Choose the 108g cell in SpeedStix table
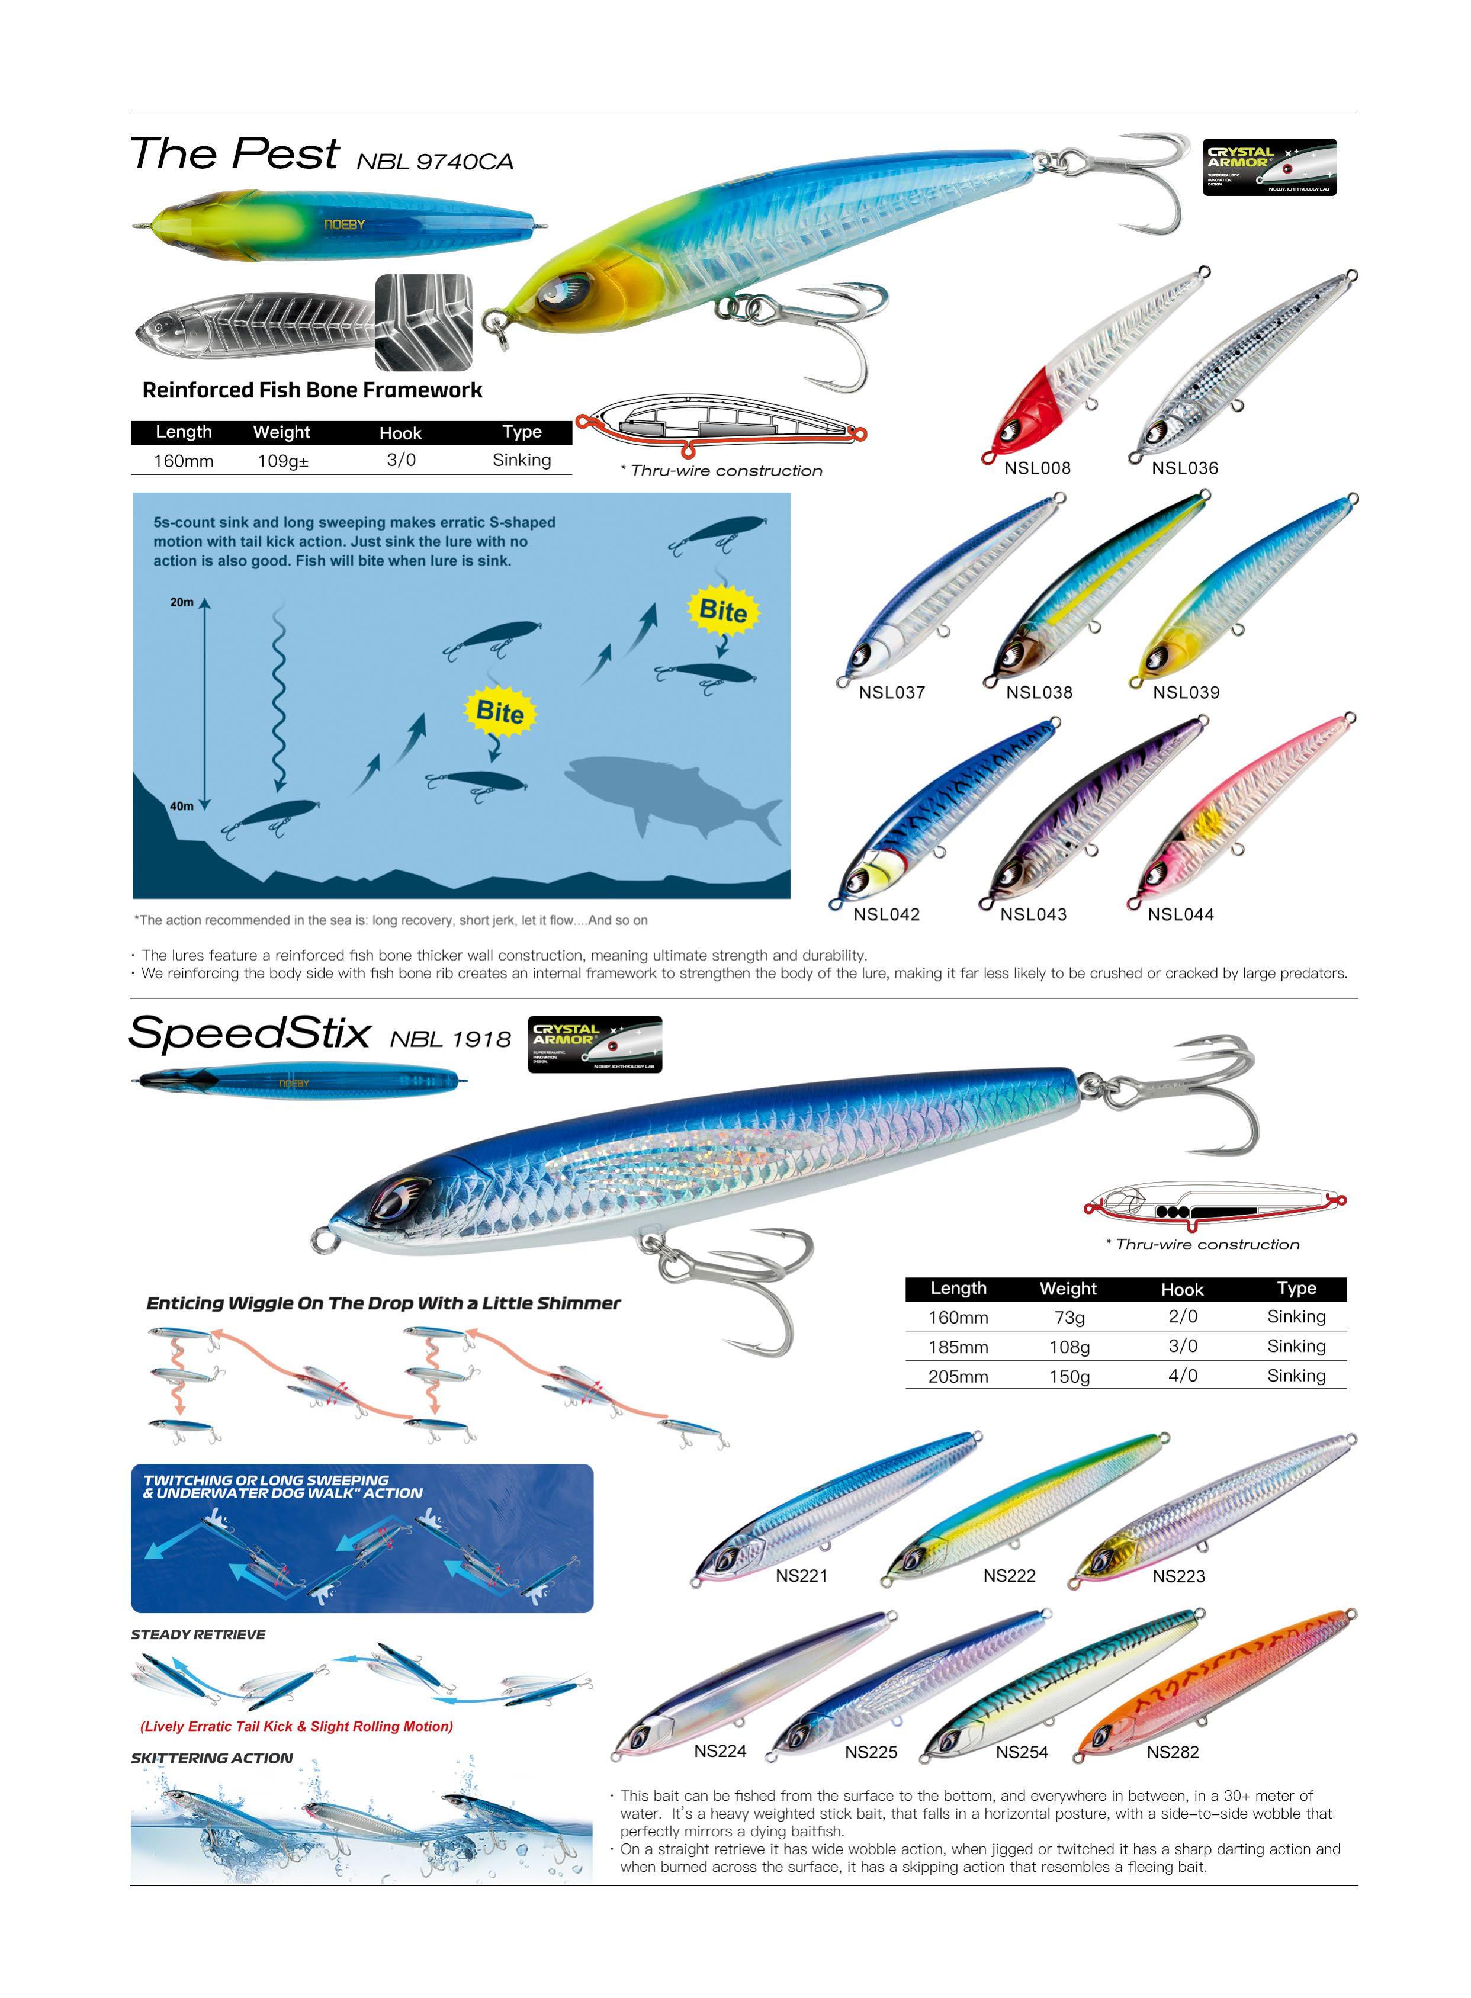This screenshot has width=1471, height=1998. [x=1068, y=1347]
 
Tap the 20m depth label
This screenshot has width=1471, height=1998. [x=182, y=603]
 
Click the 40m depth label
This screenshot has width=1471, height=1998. [x=182, y=807]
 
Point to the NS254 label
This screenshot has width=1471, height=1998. [x=1022, y=1752]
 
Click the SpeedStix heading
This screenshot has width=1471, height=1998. [x=249, y=1034]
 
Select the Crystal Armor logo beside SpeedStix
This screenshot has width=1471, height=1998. [x=595, y=1043]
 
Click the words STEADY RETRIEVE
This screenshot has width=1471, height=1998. [x=198, y=1635]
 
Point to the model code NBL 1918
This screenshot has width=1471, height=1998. [x=451, y=1039]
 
